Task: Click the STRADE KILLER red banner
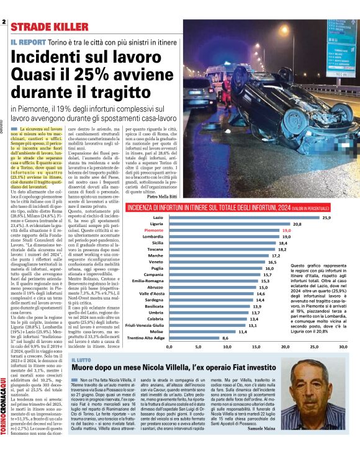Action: pos(49,26)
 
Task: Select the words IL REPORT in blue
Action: pos(28,42)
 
